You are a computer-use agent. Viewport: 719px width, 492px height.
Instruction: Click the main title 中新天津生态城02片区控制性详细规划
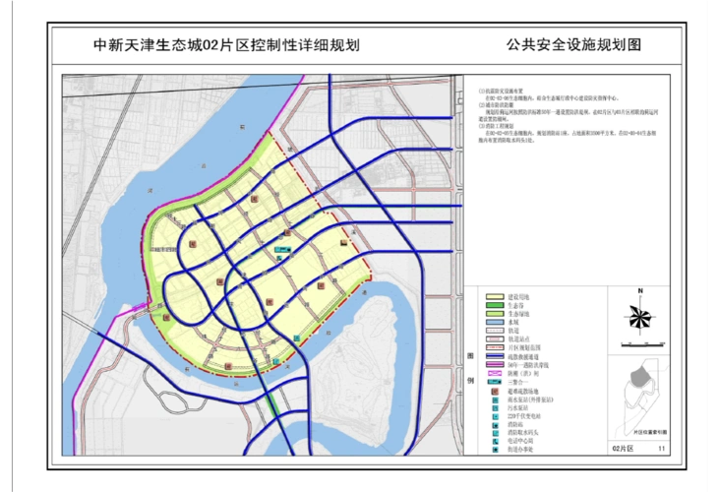pos(225,45)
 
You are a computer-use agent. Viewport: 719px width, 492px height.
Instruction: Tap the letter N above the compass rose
pos(639,291)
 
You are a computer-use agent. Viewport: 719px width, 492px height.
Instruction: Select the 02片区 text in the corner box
pos(624,448)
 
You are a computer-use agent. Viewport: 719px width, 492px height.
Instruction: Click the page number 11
pos(662,448)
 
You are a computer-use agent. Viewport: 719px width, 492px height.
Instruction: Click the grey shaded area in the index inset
pos(639,375)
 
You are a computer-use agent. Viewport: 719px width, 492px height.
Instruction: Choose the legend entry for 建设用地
pos(518,296)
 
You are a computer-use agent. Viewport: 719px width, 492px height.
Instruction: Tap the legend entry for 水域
pos(512,322)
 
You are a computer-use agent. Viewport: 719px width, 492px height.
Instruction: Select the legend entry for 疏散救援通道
pos(520,356)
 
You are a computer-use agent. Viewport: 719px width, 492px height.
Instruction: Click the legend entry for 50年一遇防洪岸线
pos(525,365)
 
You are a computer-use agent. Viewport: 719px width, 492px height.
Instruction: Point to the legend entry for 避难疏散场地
pos(520,392)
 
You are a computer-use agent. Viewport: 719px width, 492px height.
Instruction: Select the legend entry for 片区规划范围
pos(520,347)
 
